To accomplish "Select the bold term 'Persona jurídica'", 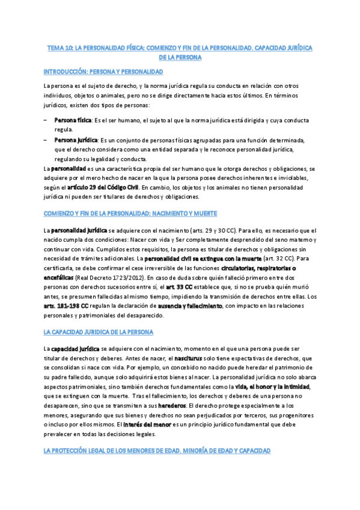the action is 75,140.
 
